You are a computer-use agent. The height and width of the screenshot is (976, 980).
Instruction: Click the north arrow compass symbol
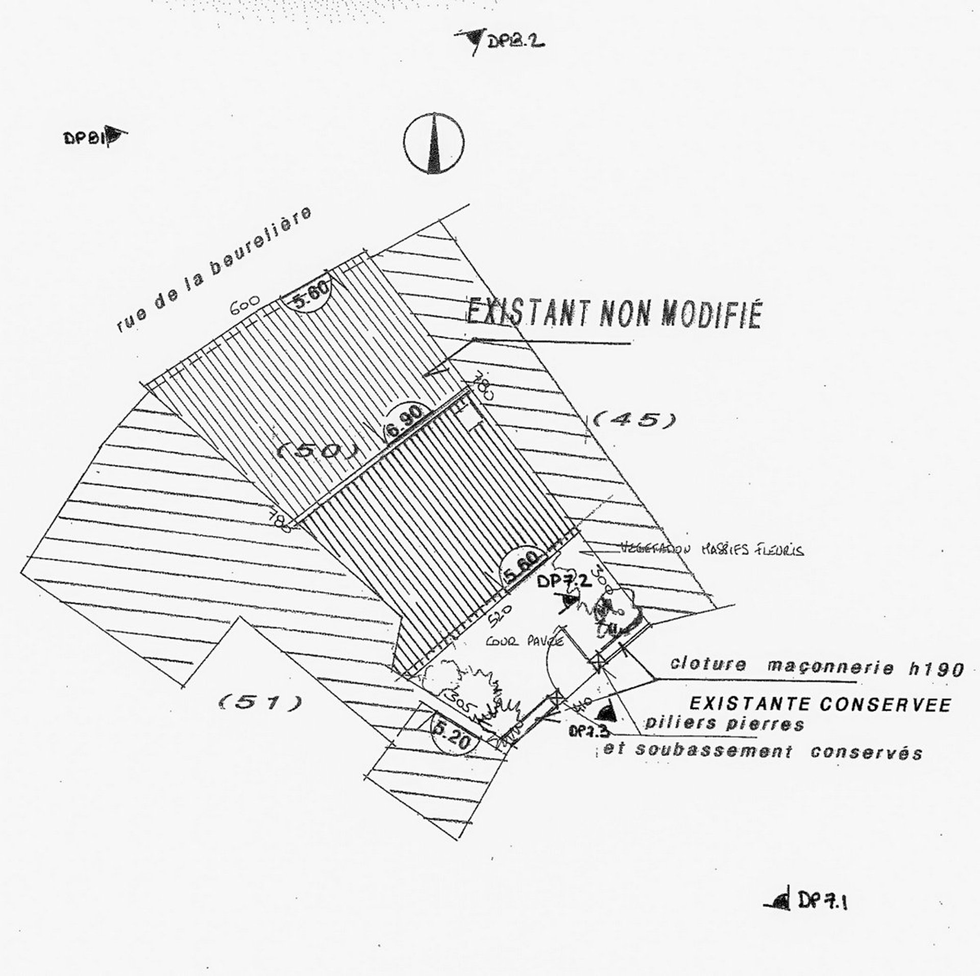(x=434, y=142)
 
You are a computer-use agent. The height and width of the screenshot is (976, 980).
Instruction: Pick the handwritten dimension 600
(x=246, y=307)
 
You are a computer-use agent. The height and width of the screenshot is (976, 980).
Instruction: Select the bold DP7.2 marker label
(x=564, y=581)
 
